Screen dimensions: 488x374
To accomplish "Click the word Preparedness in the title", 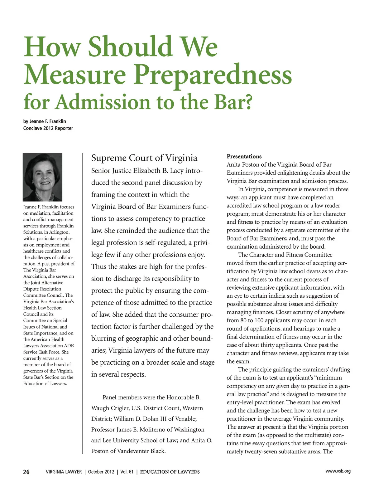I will (213, 75).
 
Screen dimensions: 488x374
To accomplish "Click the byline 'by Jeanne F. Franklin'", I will (45, 121).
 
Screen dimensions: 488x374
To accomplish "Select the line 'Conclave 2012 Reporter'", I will (48, 128).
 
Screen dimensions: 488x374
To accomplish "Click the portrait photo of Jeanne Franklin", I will (43, 177).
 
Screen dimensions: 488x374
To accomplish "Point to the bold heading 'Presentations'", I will (244, 156).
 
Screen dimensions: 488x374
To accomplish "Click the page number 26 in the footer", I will (26, 472).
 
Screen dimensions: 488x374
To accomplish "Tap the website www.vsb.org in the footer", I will (338, 471).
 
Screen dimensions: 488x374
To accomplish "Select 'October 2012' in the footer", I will (101, 472).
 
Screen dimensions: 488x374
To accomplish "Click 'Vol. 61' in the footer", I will (127, 472).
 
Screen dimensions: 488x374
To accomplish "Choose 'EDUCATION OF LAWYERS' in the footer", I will (170, 472).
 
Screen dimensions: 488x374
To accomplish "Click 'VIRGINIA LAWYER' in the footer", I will (64, 472).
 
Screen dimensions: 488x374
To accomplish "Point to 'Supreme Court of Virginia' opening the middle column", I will (144, 158).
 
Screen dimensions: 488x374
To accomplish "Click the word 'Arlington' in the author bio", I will (59, 232).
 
